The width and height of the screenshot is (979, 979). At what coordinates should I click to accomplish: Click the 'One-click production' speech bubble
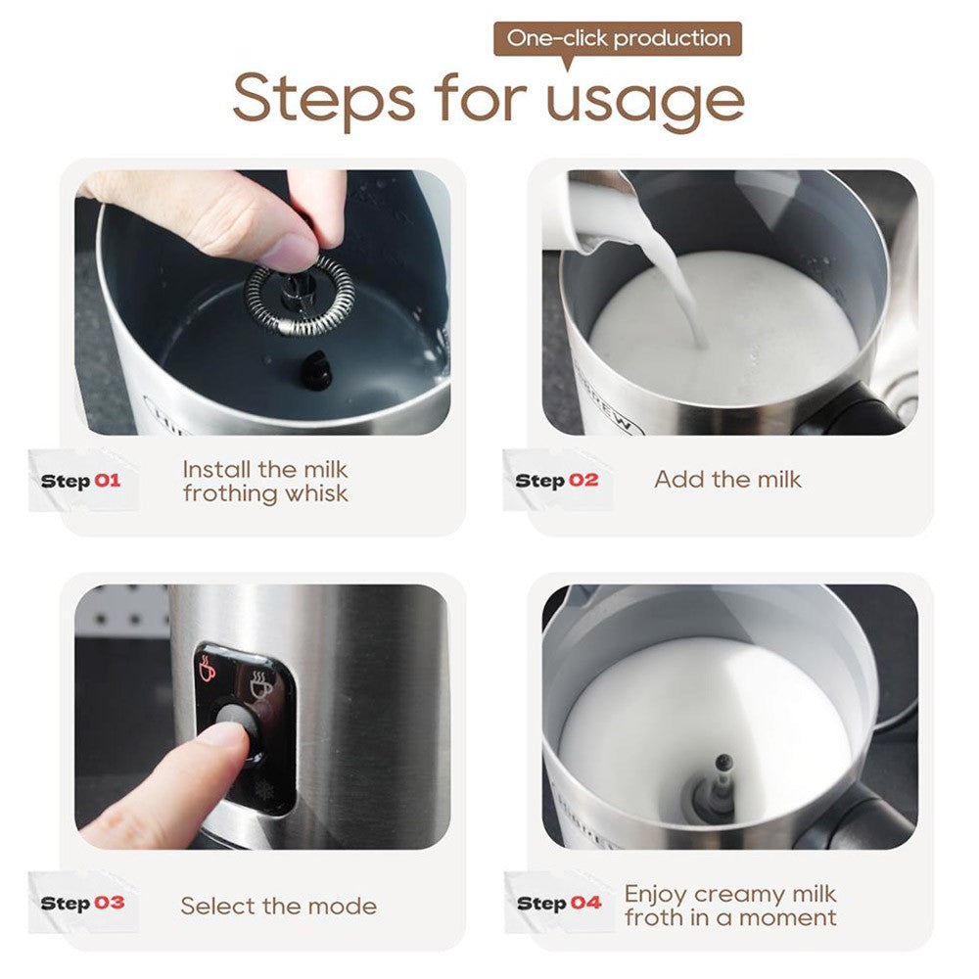pyautogui.click(x=618, y=39)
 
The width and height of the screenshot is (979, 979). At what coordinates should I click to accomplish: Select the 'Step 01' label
pyautogui.click(x=80, y=481)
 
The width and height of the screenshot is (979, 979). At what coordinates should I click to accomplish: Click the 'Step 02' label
pyautogui.click(x=556, y=481)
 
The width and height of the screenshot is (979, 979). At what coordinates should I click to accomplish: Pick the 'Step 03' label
pyautogui.click(x=82, y=903)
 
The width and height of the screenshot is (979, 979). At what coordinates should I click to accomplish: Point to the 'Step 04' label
pyautogui.click(x=558, y=903)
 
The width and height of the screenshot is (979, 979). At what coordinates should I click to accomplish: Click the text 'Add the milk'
pyautogui.click(x=727, y=480)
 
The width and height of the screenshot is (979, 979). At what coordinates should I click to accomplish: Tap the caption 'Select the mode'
pyautogui.click(x=278, y=906)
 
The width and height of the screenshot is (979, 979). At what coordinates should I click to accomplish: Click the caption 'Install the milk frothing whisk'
pyautogui.click(x=265, y=481)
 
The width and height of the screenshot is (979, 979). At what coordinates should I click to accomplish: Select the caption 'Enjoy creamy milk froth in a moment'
pyautogui.click(x=730, y=906)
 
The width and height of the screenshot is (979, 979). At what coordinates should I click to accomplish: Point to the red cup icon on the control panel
pyautogui.click(x=209, y=670)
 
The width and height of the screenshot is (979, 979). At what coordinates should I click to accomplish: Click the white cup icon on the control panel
pyautogui.click(x=260, y=686)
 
